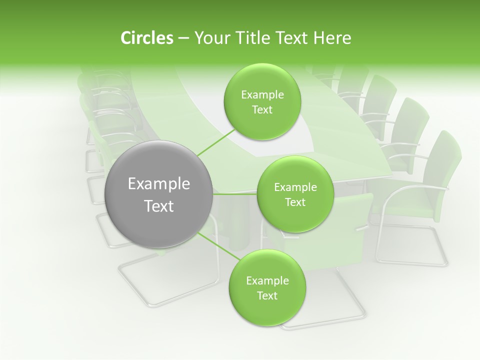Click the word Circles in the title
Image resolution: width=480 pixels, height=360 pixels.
coord(146,38)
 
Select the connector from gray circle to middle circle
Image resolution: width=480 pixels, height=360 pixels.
coord(235,194)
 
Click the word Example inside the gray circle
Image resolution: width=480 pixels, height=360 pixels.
coord(159,184)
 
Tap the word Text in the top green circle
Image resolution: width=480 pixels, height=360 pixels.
coord(262,110)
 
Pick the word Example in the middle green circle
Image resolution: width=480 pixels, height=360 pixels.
coord(295,187)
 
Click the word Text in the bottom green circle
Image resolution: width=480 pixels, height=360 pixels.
coord(267,295)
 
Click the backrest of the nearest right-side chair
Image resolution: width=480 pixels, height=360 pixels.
coord(440,170)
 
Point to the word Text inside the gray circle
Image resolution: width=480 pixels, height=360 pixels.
coord(159,206)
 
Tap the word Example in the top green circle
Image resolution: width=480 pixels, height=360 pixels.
coord(262,95)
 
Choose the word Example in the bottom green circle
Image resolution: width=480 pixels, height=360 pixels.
coord(267,281)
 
